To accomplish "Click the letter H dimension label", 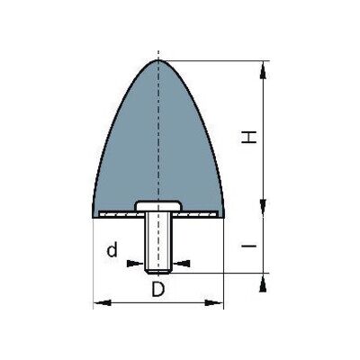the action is [249, 138].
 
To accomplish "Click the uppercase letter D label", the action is [157, 290].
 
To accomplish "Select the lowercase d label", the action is [112, 250].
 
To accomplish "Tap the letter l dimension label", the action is [249, 246].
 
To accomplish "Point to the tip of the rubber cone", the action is [158, 60].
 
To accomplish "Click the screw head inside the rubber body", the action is [158, 205].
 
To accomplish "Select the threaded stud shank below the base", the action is [158, 242].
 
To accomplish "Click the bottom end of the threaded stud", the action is [158, 273].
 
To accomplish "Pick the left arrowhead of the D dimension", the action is [103, 302].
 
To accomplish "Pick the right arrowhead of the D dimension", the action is [214, 302].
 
